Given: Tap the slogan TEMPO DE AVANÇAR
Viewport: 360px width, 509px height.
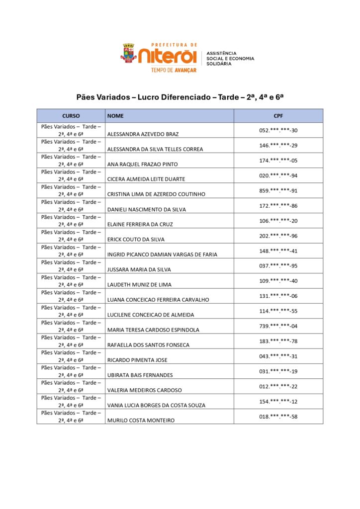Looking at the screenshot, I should [174, 70].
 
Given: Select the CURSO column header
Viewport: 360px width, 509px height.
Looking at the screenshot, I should [71, 116].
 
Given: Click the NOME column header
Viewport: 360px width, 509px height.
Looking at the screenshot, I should [115, 116].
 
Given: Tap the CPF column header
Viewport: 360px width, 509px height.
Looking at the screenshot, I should [278, 116].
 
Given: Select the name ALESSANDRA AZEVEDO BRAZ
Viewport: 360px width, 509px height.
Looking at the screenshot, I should [143, 134].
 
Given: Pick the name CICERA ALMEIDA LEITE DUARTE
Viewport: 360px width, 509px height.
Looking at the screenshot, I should [146, 179].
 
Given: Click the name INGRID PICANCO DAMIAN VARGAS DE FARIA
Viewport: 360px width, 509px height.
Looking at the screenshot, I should [162, 254].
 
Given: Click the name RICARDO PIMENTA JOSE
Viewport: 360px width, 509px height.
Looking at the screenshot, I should [137, 360].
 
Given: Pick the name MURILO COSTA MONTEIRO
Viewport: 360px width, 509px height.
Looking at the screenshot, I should [141, 421].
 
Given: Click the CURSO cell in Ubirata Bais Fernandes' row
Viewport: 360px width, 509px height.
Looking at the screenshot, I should [71, 371].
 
